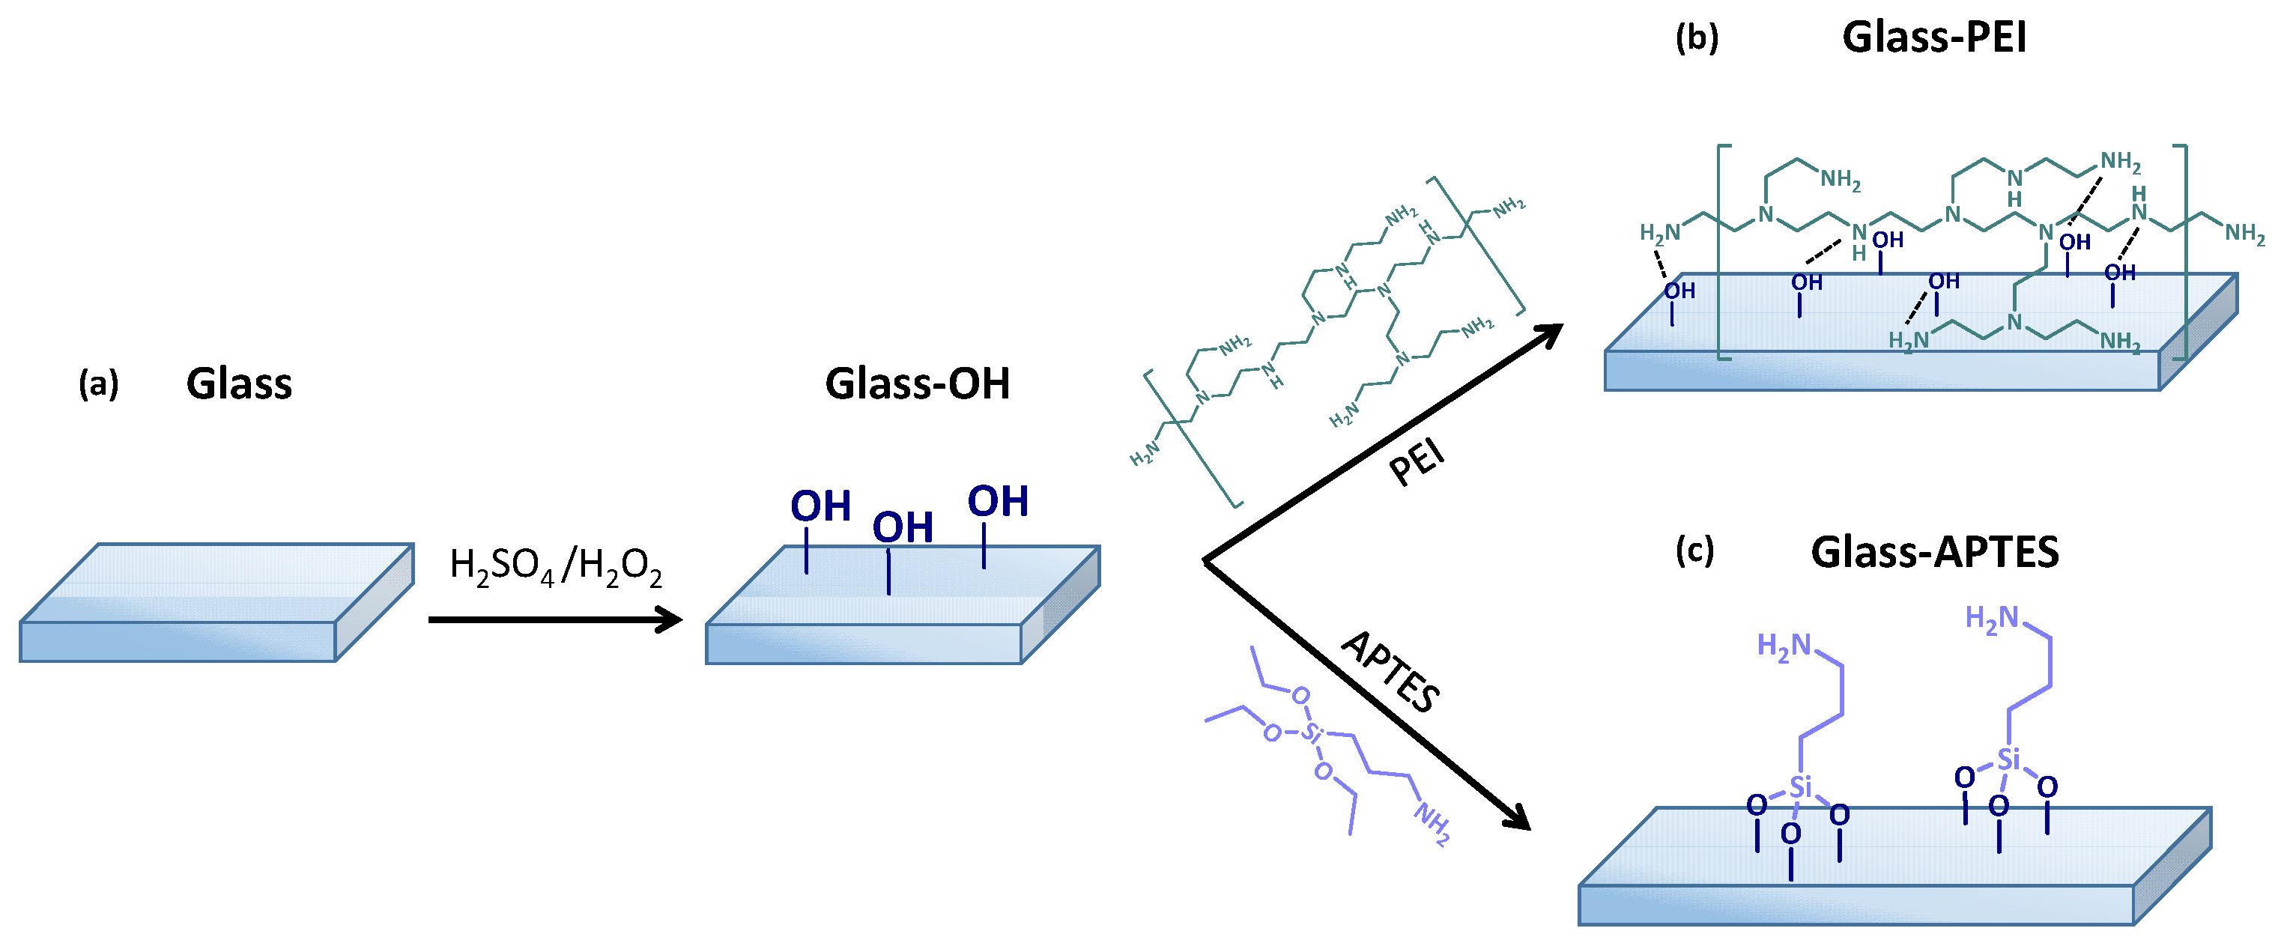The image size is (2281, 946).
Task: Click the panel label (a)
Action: point(98,384)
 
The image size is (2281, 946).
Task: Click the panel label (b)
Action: point(1697,38)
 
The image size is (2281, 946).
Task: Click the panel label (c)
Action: point(1694,551)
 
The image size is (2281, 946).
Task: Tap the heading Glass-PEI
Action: point(1934,38)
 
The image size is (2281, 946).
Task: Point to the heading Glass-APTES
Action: point(1935,552)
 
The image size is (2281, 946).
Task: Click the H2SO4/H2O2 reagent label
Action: point(555,567)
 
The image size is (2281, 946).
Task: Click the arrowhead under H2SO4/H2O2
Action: point(667,619)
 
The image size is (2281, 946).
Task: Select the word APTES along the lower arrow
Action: point(1391,673)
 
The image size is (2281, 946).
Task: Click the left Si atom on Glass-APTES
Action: point(1800,786)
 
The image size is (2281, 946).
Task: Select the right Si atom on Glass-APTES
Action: point(2008,759)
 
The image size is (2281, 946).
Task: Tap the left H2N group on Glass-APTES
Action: point(1784,646)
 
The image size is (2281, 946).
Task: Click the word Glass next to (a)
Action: point(239,384)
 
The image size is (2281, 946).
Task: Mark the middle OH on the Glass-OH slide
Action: point(903,528)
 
